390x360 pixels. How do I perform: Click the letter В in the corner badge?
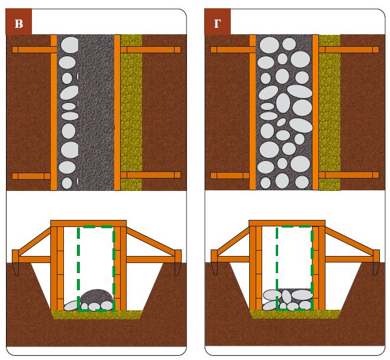[x=18, y=24]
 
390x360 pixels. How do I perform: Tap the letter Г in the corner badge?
[x=217, y=24]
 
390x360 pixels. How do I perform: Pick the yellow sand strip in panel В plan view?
[x=131, y=112]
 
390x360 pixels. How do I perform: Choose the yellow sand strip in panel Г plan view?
[x=330, y=112]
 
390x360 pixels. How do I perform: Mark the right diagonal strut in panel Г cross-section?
[x=349, y=243]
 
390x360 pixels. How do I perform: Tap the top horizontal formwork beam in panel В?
[x=88, y=223]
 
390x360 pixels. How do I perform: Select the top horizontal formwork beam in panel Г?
[x=286, y=223]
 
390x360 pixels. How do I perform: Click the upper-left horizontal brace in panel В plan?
[x=31, y=50]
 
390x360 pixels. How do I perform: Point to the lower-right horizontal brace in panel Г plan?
[x=349, y=175]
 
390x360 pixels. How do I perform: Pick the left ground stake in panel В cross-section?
[x=15, y=263]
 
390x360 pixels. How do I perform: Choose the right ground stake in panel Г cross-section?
[x=376, y=263]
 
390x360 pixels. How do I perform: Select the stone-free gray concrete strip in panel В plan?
[x=96, y=112]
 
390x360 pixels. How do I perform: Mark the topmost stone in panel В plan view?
[x=69, y=45]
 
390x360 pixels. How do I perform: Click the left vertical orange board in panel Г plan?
[x=253, y=112]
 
